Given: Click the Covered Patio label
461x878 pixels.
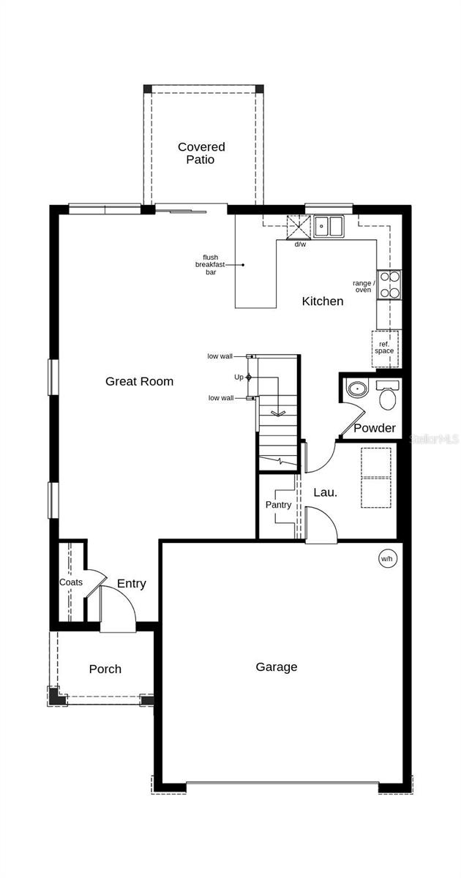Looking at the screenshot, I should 201,153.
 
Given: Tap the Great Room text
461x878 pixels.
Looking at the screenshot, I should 139,381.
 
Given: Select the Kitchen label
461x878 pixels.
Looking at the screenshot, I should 323,301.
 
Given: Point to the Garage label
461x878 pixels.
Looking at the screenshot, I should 277,667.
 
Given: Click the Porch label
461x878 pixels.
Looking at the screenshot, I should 105,669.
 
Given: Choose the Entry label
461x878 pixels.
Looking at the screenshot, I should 132,583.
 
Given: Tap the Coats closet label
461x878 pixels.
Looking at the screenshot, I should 71,582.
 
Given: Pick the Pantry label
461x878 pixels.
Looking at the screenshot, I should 278,505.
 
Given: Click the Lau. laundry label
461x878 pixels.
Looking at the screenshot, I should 326,492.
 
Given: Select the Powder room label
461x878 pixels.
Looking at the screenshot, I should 375,428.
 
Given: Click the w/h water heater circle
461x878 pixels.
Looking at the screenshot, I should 386,558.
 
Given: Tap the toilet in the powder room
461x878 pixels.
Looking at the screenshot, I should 387,396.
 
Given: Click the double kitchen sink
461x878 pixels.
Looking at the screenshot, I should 329,226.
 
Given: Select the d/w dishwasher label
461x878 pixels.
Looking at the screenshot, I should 300,244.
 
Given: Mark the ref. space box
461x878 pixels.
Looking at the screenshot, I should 385,347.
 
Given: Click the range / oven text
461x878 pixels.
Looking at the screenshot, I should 364,286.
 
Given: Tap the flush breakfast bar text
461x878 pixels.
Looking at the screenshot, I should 211,265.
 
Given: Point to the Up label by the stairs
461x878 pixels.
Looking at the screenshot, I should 239,377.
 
